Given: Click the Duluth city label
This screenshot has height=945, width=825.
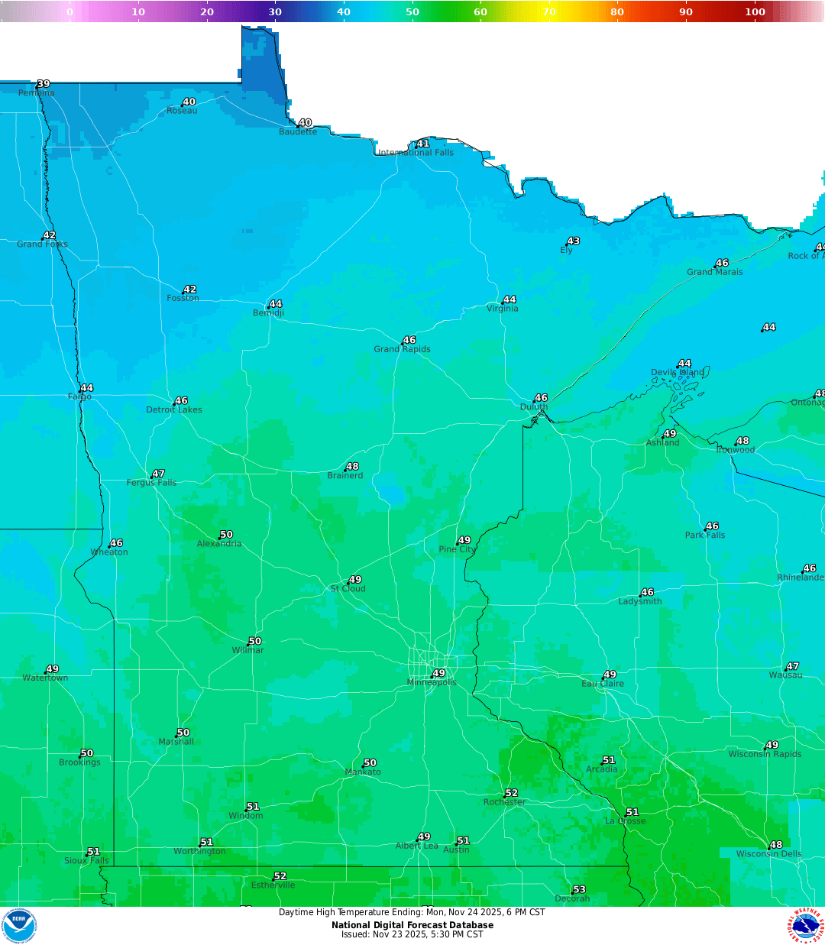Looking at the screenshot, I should click(534, 407).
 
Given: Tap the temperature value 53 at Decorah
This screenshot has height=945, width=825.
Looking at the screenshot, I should click(579, 889).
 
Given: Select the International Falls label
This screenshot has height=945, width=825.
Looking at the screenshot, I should click(416, 153).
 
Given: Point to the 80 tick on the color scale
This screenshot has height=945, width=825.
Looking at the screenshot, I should click(617, 11).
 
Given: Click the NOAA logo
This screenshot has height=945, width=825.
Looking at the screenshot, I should click(18, 926).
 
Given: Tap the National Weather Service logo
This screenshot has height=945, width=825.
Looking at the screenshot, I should click(806, 926).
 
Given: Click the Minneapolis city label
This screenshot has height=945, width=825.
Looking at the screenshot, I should click(432, 683).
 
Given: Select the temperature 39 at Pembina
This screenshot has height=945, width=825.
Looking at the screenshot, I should click(44, 84).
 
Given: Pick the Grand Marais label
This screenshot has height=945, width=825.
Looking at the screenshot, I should click(714, 272).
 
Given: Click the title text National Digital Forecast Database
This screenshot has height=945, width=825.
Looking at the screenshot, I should click(412, 925).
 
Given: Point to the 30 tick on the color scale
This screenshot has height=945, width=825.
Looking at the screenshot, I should click(275, 11).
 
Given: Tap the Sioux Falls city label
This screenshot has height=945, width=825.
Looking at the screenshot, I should click(86, 861).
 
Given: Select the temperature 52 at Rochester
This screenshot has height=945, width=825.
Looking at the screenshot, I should click(512, 793).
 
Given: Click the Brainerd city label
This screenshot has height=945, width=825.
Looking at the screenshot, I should click(345, 476).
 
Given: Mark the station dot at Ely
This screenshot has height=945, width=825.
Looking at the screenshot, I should click(567, 245).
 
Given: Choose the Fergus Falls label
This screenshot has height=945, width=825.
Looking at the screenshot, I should click(151, 483).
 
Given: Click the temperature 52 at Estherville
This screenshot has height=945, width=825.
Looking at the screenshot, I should click(280, 876).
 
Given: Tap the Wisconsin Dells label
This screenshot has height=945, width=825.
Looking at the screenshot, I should click(768, 854).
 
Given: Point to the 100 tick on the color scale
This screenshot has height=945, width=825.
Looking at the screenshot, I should click(755, 11).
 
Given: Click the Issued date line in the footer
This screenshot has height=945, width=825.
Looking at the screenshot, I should click(412, 934).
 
